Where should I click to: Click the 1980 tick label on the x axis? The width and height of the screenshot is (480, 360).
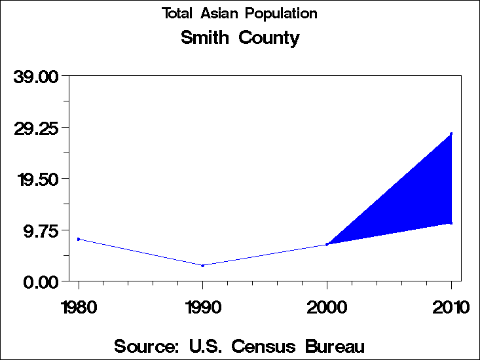coord(79,306)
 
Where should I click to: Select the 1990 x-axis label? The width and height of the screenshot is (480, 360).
coord(203,306)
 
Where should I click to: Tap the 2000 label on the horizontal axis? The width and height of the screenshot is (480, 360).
coord(327,306)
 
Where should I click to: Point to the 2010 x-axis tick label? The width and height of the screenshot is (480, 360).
coord(451,306)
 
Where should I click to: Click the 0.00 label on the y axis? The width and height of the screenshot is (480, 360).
coord(41,281)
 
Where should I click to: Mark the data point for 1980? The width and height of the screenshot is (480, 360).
coord(79,239)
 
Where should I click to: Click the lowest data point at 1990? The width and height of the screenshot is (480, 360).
coord(203,265)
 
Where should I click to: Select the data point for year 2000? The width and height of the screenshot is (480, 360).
coord(327,244)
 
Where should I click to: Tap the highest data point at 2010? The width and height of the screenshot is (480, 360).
coord(451,134)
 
